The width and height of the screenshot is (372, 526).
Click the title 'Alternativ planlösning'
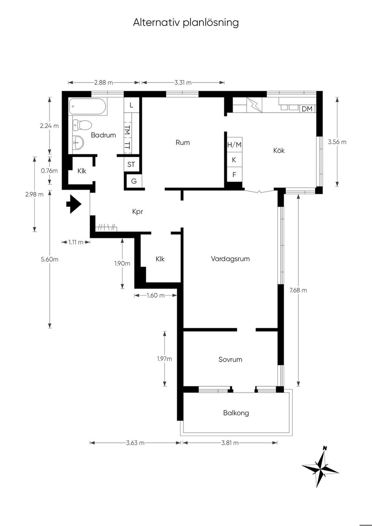(x=186, y=23)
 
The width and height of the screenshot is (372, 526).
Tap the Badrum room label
(x=104, y=135)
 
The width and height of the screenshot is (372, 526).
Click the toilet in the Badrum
(x=82, y=125)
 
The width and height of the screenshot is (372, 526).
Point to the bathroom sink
(x=78, y=142)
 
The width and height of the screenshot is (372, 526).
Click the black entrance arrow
(x=74, y=204)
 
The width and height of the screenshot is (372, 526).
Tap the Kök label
(x=279, y=151)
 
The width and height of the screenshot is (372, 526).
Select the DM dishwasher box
(x=307, y=109)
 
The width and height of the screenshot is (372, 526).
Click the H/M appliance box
(x=234, y=144)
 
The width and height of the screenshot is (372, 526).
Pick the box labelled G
(x=134, y=181)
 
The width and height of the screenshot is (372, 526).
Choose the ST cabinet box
(x=132, y=164)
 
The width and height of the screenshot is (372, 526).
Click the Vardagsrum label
(x=230, y=259)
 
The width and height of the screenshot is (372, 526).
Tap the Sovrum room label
(x=230, y=359)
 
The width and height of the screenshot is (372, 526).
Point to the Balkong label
(x=236, y=413)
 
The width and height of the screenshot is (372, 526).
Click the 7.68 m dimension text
(x=298, y=290)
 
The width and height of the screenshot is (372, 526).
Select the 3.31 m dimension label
(x=183, y=82)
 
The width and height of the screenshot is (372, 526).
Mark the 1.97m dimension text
(x=165, y=359)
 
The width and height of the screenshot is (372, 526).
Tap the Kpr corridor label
(x=137, y=212)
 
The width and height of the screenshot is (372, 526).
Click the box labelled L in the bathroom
(x=132, y=105)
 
